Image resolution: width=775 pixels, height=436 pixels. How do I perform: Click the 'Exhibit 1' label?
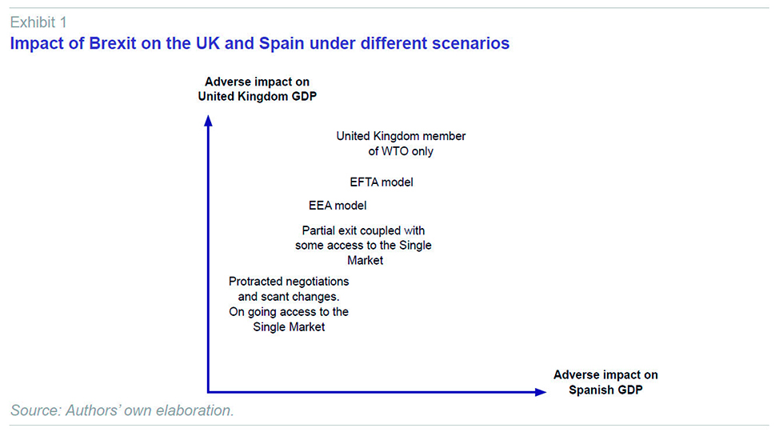coord(38,22)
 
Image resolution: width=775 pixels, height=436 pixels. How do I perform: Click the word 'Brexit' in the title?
coord(112,43)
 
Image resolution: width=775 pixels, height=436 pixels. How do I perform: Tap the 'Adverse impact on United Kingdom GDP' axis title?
coord(257,89)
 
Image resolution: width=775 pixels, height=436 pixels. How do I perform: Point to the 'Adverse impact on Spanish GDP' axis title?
coord(605,382)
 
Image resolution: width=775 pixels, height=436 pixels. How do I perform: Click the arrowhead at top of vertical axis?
coord(208,121)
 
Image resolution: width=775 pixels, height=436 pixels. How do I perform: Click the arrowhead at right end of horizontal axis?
coord(541,392)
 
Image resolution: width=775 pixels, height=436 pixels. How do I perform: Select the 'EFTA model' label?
coord(381,182)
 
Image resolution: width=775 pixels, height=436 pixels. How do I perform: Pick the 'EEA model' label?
coord(338,206)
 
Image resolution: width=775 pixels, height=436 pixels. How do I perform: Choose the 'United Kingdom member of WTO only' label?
coord(401,143)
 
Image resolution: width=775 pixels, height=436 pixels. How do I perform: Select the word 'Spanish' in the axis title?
coord(589,390)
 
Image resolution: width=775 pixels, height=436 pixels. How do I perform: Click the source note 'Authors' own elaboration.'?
coord(150,410)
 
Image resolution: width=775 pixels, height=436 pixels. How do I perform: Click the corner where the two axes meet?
coord(208,392)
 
